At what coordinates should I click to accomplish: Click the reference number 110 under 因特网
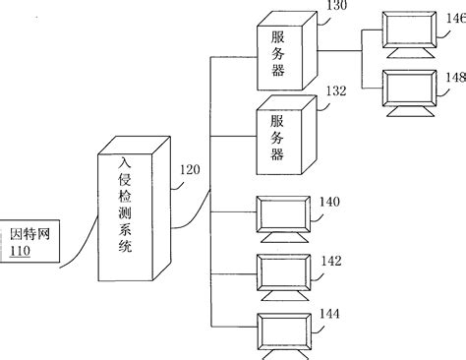20,253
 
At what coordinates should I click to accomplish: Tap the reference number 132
338,90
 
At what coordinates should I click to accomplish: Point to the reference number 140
329,202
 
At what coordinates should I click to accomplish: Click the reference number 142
331,262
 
